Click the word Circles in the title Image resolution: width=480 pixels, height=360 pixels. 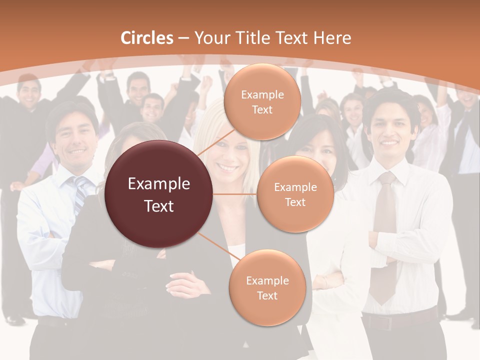click(147, 38)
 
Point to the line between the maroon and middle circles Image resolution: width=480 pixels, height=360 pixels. click(235, 194)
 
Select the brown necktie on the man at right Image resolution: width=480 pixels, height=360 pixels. click(385, 235)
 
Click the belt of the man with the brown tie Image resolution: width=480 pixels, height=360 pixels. click(395, 321)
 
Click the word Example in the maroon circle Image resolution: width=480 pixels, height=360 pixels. click(159, 184)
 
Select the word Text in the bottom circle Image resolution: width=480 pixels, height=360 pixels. click(267, 295)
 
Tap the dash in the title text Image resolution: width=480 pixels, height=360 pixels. click(183, 38)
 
